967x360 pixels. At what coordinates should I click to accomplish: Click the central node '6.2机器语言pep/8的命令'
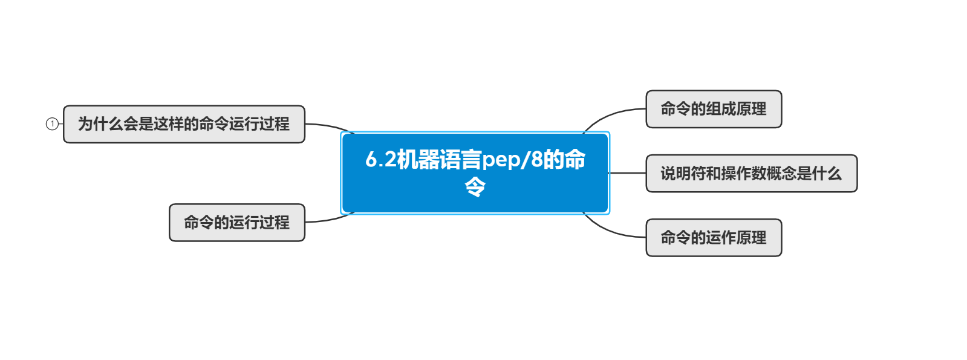(x=475, y=172)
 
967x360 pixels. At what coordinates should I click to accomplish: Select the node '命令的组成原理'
(x=714, y=109)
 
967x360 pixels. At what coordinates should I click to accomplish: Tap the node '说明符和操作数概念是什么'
(x=751, y=174)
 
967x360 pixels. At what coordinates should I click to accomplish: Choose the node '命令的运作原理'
(x=714, y=238)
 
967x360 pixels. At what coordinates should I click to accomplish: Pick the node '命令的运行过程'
(x=236, y=223)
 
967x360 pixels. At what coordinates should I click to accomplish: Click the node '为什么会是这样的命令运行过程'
(x=184, y=124)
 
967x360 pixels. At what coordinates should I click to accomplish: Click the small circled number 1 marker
(x=52, y=124)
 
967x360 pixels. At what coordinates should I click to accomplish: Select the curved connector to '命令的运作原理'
(x=611, y=231)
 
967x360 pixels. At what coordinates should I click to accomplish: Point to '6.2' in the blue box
(x=380, y=160)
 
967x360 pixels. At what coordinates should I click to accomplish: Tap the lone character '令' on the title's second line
(x=475, y=187)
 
